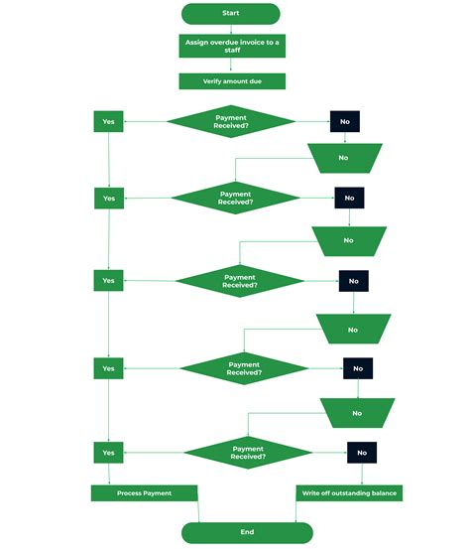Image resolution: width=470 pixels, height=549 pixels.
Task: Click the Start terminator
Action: coord(231,13)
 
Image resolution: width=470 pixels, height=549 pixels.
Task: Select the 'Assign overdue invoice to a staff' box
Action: coord(231,46)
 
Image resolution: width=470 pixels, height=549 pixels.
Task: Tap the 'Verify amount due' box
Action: coord(231,80)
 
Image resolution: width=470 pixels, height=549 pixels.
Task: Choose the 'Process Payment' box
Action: coord(145,493)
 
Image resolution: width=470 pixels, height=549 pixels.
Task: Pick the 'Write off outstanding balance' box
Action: coord(351,493)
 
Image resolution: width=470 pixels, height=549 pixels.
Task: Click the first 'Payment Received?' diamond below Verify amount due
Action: coord(231,121)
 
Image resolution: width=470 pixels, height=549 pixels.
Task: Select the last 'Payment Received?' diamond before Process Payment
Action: coord(248,453)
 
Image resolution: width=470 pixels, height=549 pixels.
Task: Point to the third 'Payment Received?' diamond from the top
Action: coord(240,281)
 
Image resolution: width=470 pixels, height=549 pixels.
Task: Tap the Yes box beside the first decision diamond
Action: coord(108,121)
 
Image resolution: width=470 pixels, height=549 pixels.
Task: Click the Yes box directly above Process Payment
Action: coord(108,453)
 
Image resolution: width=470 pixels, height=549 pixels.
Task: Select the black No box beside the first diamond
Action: coord(344,121)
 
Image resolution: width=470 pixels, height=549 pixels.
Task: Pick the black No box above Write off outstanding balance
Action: coord(362,453)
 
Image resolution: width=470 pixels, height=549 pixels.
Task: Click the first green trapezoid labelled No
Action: coord(343,158)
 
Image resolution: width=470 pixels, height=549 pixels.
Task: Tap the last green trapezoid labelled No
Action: coord(357,412)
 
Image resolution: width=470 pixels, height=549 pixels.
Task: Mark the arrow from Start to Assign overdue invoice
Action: coord(231,29)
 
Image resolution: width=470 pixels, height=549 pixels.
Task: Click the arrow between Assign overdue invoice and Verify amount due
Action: coord(231,66)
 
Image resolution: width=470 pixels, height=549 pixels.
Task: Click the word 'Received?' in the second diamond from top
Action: coord(236,203)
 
